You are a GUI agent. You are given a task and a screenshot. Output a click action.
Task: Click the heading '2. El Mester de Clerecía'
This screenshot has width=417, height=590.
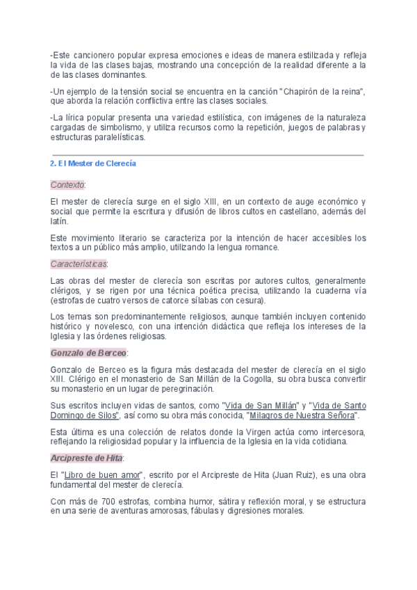pos(93,164)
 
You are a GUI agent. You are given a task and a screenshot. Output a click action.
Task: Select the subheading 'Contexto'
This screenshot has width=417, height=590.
pos(67,184)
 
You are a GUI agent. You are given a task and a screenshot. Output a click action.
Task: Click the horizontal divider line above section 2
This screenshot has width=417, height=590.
pos(208,155)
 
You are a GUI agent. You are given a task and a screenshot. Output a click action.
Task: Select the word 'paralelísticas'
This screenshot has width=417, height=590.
pos(118,137)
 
